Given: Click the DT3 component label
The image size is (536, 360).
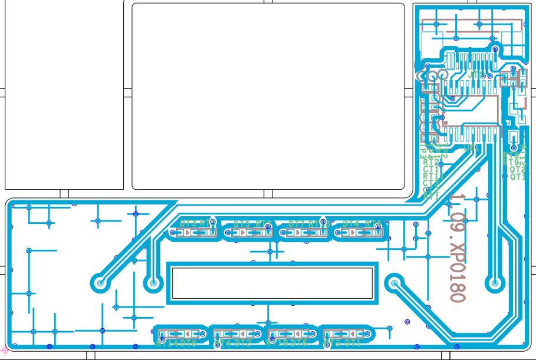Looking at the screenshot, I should tap(188, 223).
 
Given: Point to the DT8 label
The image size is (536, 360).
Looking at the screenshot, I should tap(188, 342).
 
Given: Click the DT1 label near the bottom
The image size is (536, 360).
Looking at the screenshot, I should tap(353, 342).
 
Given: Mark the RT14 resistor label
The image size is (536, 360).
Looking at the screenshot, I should tap(166, 342).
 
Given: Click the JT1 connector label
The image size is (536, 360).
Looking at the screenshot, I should tap(476, 75).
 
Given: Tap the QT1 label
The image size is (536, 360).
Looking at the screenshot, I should tap(518, 176).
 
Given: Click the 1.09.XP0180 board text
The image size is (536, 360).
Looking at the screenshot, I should tap(458, 247).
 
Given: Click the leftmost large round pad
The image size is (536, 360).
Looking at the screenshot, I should tap(100, 283).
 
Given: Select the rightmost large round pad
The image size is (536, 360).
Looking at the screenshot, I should tap(495, 283).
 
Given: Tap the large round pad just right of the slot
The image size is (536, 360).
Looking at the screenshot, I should tap(394, 283).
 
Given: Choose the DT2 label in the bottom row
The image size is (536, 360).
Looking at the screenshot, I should tap(242, 342).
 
